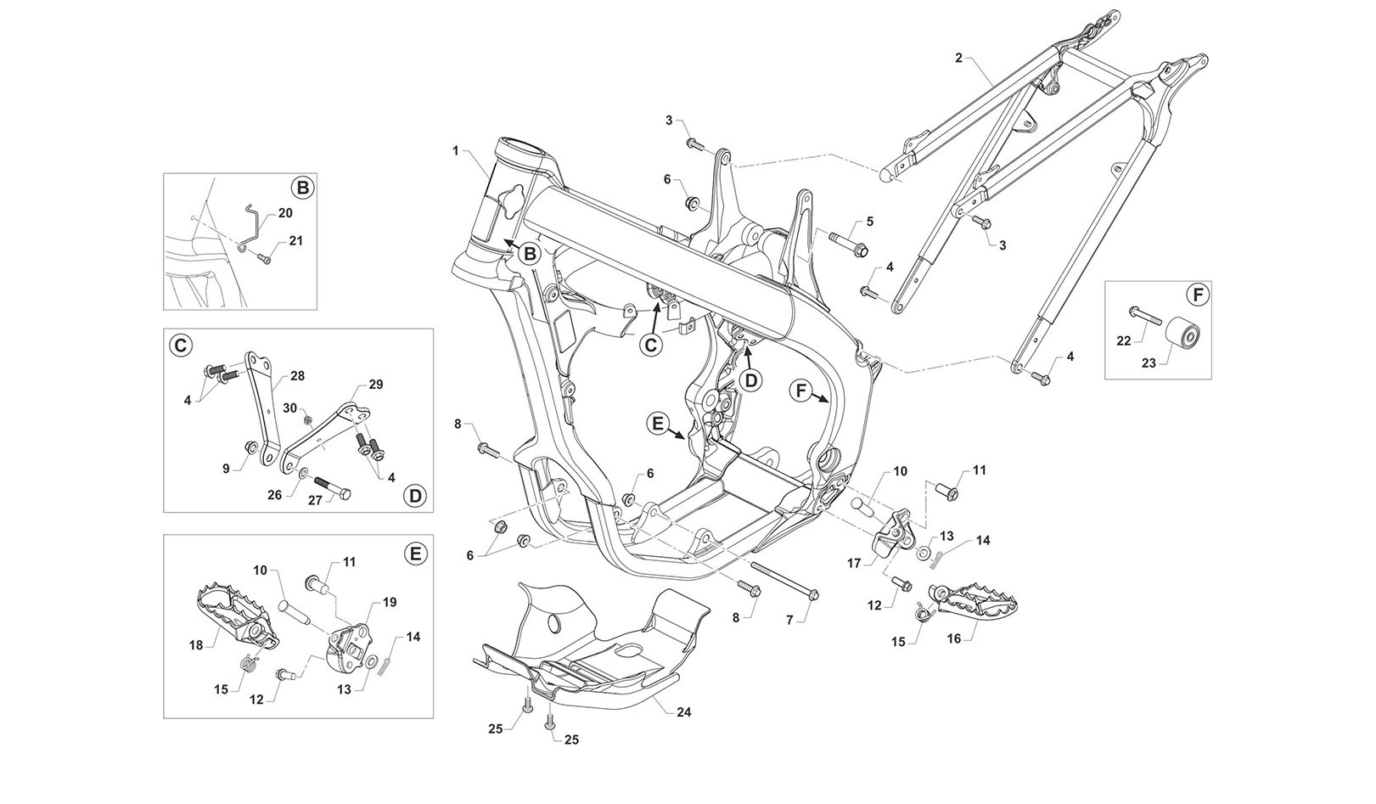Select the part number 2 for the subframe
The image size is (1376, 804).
[958, 58]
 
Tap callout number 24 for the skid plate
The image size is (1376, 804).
[684, 712]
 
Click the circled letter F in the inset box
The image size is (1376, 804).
[1197, 295]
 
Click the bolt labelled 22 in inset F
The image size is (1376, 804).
[1145, 317]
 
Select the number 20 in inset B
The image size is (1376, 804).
[284, 213]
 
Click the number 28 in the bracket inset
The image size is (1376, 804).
[297, 375]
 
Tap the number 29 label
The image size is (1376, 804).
[375, 385]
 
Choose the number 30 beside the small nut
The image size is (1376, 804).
[289, 408]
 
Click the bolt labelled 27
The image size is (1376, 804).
[332, 490]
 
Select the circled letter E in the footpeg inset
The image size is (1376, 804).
[414, 554]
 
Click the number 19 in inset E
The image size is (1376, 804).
[390, 601]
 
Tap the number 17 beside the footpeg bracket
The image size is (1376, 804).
[855, 562]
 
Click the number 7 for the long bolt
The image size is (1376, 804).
[789, 621]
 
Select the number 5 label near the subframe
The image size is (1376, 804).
[869, 222]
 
